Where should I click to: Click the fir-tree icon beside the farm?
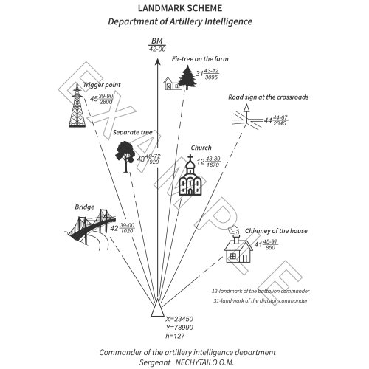pyautogui.click(x=190, y=76)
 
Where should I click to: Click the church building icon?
pyautogui.click(x=190, y=177)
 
